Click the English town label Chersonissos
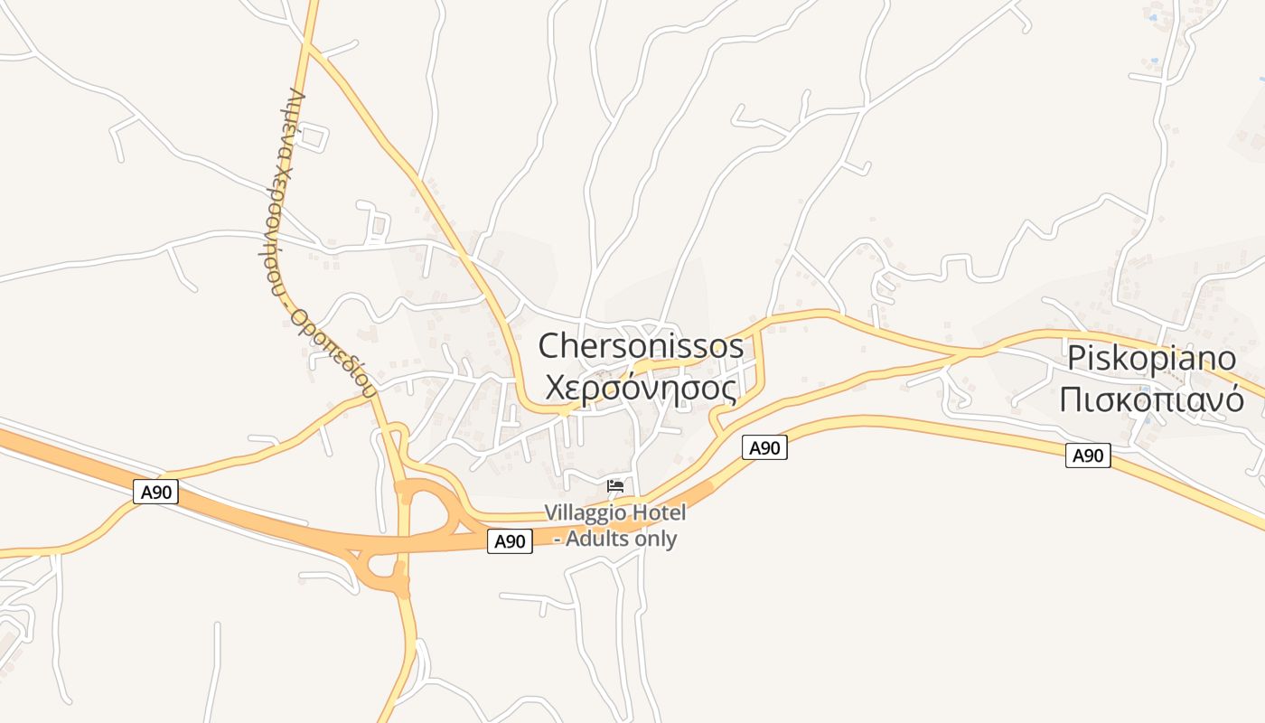click(641, 346)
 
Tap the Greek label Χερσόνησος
click(641, 387)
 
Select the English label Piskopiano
click(1151, 358)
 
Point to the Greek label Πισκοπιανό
click(1151, 399)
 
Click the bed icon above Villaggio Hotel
click(615, 486)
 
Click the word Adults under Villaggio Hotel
click(600, 539)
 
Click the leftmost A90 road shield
click(156, 492)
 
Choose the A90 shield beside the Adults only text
click(510, 541)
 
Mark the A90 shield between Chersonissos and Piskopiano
click(764, 446)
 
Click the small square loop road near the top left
click(312, 137)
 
